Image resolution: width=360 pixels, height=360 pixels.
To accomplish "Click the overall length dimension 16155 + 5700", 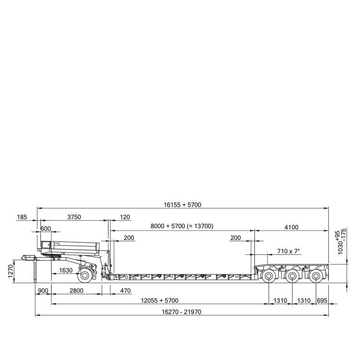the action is click(182, 204).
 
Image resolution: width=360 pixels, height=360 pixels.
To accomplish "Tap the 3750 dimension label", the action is click(74, 217).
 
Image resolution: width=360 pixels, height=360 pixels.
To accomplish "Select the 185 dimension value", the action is click(22, 217).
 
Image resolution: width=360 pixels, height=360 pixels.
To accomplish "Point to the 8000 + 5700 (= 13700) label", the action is click(182, 226).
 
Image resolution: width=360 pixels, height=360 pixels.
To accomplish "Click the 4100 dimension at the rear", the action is click(291, 228).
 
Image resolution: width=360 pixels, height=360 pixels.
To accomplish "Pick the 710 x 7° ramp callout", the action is click(288, 251).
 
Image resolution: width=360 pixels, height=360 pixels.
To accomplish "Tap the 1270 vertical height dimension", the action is click(11, 271).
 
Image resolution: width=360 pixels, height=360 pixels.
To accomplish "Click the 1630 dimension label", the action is click(66, 270).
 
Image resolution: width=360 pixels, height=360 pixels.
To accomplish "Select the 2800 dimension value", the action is click(76, 291).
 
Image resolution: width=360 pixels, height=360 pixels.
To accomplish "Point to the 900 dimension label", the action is click(43, 291).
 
